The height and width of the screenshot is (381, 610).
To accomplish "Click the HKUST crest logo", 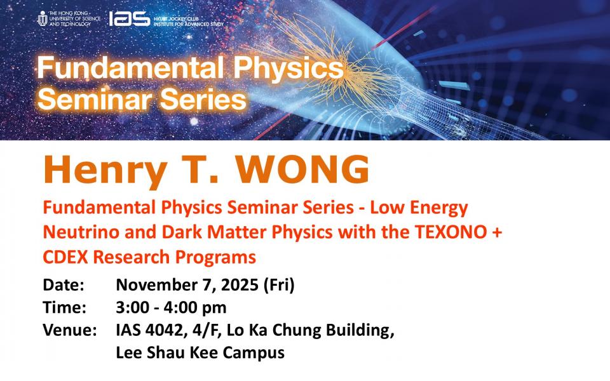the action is coord(43,18).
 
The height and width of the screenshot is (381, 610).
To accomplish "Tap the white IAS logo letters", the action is coord(129,18).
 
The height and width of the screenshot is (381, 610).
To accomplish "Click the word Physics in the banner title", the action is coord(288,68).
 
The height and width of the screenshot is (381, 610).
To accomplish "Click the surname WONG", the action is coord(302,170).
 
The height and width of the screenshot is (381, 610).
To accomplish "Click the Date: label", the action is coord(64,285).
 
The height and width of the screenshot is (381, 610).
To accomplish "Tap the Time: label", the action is coord(64,307).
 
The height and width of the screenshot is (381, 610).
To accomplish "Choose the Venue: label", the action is coord(70,330).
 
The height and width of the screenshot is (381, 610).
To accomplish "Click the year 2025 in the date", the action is coord(240,285).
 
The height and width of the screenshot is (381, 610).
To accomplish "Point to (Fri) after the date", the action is coord(279,285).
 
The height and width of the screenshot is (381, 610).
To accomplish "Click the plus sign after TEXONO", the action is coord(497,232).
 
